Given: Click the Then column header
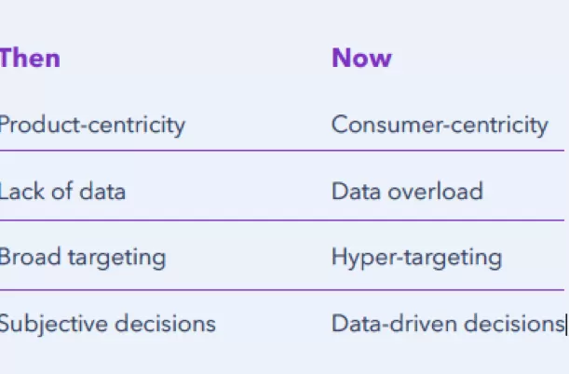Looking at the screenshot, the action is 30,58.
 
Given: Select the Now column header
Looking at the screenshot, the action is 361,58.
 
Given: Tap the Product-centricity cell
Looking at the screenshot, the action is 92,126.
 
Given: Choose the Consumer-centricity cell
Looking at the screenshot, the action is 440,126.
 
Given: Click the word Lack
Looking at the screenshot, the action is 22,191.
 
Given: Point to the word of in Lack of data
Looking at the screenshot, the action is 62,191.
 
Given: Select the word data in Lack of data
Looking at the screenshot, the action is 102,191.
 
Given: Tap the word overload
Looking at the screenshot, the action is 436,191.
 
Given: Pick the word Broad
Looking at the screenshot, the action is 30,257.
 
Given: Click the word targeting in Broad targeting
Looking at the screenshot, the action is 116,259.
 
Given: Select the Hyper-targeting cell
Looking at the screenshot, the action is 416,259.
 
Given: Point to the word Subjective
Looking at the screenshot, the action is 54,325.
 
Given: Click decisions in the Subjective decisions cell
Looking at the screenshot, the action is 165,323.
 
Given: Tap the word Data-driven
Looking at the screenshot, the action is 395,323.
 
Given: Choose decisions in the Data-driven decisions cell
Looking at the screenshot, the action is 514,323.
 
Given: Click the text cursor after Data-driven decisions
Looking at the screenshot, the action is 565,324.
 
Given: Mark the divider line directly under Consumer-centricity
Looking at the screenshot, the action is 282,150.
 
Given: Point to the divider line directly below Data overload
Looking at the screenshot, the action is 282,220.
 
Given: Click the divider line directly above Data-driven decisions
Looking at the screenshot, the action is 282,290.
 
